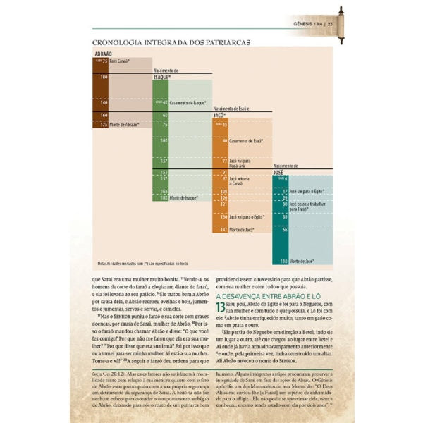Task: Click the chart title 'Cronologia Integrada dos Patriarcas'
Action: click(x=172, y=43)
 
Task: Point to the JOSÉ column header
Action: click(x=280, y=171)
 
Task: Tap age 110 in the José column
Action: click(x=283, y=261)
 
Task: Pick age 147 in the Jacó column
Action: click(x=223, y=229)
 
